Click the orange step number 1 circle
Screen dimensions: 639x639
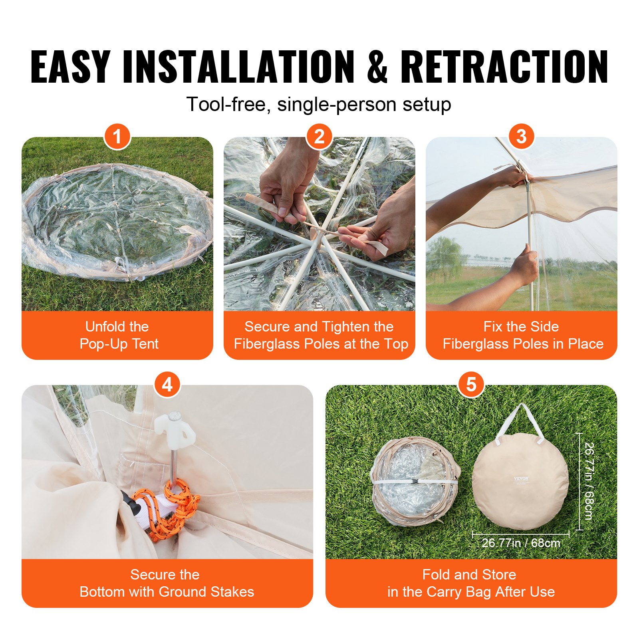[117, 137]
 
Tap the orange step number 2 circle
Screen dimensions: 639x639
[319, 137]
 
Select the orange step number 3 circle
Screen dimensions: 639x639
[521, 137]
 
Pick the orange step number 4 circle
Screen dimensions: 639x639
[167, 385]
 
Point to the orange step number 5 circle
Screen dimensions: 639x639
[471, 385]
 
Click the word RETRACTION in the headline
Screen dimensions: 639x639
[504, 67]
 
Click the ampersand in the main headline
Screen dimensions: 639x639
[377, 67]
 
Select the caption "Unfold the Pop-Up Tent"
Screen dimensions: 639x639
[118, 335]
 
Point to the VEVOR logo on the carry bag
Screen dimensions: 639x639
[521, 478]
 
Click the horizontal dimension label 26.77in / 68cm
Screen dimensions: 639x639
[520, 543]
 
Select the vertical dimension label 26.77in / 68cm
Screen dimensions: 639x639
[589, 481]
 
